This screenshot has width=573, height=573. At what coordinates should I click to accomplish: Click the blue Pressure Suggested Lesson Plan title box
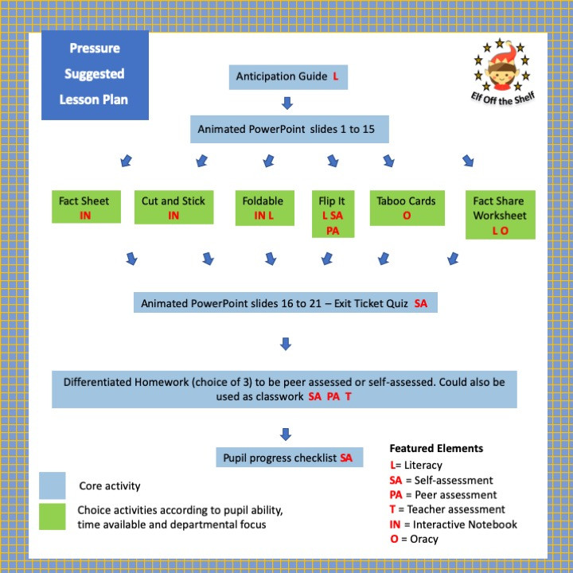point(95,75)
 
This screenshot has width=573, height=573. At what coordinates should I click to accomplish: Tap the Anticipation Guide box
point(287,76)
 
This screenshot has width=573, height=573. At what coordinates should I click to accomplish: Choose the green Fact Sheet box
point(85,208)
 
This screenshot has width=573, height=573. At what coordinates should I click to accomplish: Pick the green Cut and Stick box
point(173,208)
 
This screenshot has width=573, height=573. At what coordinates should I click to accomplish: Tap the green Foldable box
point(263,208)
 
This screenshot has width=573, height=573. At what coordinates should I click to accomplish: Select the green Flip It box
point(332,214)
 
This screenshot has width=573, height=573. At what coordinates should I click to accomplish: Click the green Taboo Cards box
point(406,208)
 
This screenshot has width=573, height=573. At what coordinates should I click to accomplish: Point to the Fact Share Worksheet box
point(500,215)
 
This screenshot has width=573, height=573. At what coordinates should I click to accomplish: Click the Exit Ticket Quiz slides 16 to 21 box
point(286,303)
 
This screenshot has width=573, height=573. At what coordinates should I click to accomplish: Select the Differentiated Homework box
point(284,388)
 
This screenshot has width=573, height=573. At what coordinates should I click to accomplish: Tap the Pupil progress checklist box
point(290,458)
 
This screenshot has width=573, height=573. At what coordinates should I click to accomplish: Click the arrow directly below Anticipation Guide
point(287,103)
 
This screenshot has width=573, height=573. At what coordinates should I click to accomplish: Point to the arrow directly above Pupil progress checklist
point(286,434)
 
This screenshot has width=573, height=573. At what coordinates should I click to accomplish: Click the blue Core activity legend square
point(53,485)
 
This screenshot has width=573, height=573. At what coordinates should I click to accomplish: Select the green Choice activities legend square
point(53,516)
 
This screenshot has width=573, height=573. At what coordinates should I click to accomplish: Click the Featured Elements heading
point(436,448)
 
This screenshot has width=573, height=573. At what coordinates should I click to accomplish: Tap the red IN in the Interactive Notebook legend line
point(396,524)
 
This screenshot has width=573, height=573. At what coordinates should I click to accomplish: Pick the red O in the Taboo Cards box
point(406,216)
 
